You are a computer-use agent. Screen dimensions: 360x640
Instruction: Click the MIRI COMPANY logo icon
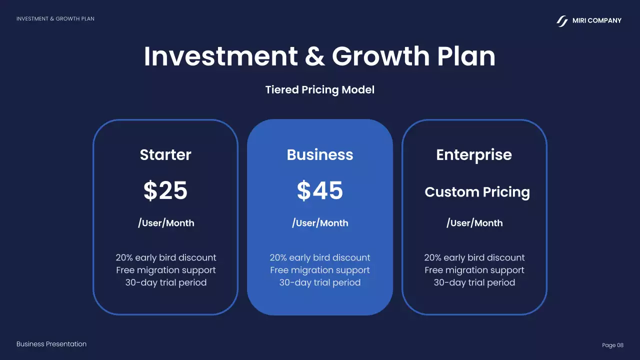562,21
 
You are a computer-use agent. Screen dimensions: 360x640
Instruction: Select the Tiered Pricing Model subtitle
320,90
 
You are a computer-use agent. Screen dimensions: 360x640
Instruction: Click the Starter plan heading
165,155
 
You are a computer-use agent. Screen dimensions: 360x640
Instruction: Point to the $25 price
165,190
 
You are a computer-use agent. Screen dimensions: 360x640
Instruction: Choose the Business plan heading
320,155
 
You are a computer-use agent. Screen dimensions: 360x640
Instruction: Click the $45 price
320,190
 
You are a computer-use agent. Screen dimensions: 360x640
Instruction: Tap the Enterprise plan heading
474,155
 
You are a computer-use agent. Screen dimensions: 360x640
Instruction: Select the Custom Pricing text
477,192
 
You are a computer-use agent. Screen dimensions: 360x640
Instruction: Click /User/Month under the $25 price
166,223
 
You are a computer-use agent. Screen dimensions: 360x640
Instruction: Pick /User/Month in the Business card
320,223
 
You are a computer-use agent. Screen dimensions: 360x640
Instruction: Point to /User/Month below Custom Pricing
474,223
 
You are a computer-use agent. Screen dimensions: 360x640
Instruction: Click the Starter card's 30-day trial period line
166,282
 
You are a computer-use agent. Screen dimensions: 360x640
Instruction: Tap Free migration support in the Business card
320,270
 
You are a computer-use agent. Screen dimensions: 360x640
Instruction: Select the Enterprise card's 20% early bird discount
474,257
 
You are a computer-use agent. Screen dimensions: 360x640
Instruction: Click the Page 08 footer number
612,345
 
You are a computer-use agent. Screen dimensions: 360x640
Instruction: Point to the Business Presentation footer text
51,344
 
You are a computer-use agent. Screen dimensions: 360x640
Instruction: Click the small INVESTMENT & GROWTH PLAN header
55,19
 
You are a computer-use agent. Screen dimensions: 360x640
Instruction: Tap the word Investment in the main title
220,56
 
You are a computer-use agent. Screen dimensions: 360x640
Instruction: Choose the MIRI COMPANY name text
597,20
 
